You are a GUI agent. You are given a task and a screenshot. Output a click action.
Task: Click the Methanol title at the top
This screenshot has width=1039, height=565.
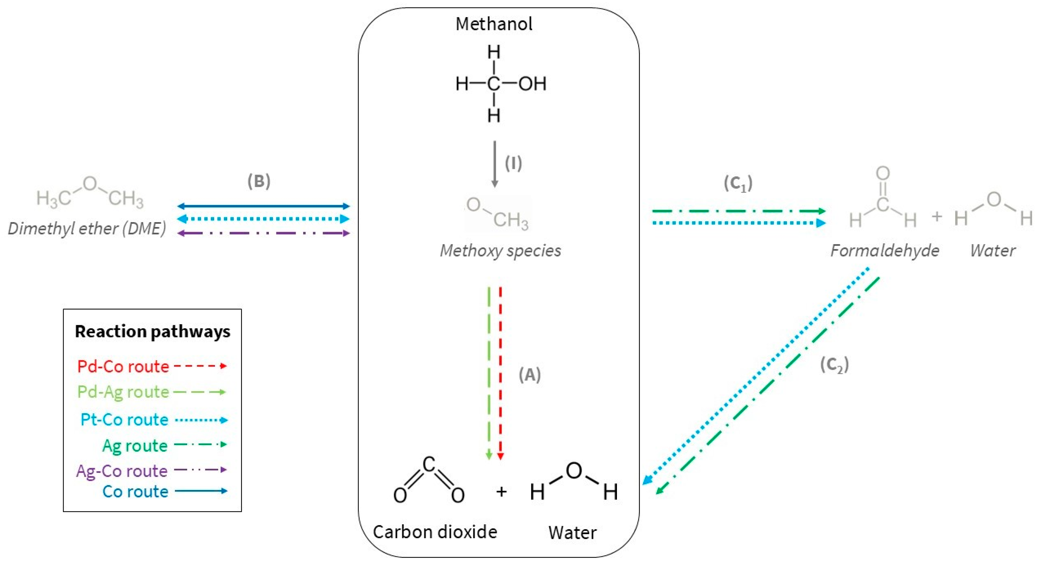pyautogui.click(x=494, y=24)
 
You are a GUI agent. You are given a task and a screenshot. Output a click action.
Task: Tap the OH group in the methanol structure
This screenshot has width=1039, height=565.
pyautogui.click(x=532, y=84)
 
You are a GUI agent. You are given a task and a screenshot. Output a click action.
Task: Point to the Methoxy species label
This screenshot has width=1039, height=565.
pyautogui.click(x=500, y=251)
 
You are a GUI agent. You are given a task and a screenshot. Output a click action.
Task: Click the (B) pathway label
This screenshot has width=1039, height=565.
pyautogui.click(x=259, y=181)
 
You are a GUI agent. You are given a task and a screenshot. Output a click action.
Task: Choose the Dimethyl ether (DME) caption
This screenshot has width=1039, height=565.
pyautogui.click(x=87, y=229)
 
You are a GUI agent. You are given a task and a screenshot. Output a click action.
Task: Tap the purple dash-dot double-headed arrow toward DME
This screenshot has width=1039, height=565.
pyautogui.click(x=263, y=233)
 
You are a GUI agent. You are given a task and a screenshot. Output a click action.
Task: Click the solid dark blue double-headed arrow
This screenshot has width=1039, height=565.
pyautogui.click(x=263, y=206)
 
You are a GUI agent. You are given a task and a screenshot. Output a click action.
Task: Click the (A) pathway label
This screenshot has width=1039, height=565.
pyautogui.click(x=530, y=375)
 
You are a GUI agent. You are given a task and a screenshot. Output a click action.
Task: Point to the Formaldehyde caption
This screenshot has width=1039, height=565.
pyautogui.click(x=885, y=251)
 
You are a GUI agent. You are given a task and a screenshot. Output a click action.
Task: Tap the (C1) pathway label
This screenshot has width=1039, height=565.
pyautogui.click(x=738, y=184)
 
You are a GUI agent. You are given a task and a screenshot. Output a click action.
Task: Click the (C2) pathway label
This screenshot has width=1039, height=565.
pyautogui.click(x=834, y=365)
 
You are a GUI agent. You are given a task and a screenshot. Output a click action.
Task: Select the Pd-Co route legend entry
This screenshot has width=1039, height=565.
pyautogui.click(x=123, y=366)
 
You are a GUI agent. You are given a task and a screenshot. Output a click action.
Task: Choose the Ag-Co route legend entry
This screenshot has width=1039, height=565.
pyautogui.click(x=122, y=471)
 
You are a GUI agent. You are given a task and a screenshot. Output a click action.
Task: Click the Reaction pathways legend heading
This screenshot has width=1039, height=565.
pyautogui.click(x=153, y=331)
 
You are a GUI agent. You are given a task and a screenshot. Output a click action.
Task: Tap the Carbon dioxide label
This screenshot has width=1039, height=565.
pyautogui.click(x=435, y=532)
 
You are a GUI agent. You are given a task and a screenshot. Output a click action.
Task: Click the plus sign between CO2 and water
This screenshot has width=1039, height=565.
pyautogui.click(x=501, y=491)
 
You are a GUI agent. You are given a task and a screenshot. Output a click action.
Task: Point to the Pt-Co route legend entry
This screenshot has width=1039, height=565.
pyautogui.click(x=124, y=419)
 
